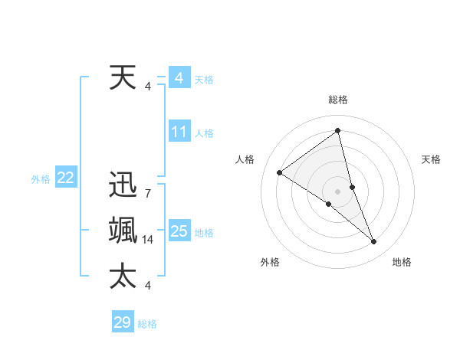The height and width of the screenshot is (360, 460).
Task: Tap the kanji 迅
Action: point(123,186)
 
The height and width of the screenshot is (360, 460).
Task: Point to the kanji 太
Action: point(123,275)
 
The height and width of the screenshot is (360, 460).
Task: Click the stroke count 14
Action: point(148,240)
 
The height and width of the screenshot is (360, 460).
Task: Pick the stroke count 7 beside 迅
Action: point(147,194)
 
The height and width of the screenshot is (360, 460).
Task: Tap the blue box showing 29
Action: point(123,322)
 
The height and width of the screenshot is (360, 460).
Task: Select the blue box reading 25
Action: point(179,232)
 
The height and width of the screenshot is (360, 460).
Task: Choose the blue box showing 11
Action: point(179,132)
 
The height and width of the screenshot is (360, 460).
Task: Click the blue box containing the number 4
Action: point(179,78)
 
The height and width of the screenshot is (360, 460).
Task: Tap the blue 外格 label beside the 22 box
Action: point(41,179)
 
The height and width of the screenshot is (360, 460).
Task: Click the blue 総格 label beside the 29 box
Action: point(147,324)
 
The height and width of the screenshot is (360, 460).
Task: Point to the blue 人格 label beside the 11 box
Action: point(204,133)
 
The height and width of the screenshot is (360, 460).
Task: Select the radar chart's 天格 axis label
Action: point(431,159)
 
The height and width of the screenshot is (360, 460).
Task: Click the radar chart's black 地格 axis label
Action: point(402,262)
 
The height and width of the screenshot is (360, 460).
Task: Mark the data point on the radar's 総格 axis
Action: point(337,131)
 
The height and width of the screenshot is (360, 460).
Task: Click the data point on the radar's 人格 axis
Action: point(279,172)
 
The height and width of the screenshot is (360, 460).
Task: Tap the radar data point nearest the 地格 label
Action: point(374,241)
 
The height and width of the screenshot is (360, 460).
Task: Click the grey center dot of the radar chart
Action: point(337,191)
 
